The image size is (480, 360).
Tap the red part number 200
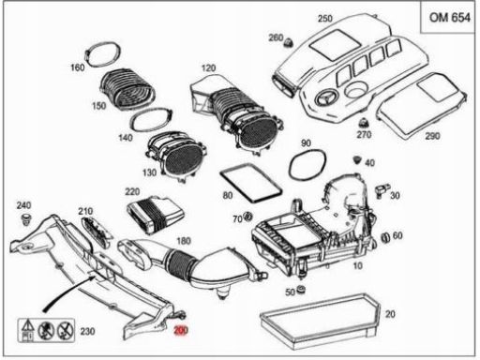point(181,330)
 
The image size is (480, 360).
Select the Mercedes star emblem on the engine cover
point(326,98)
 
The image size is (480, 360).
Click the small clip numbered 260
point(289,42)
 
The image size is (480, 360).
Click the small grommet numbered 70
point(248,216)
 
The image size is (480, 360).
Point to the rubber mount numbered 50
point(301,290)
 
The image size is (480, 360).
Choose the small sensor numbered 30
point(382,190)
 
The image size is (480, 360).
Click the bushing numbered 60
point(385,237)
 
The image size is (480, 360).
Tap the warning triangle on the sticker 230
point(27,325)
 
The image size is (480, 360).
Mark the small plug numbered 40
point(357,159)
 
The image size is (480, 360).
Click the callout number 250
point(325,19)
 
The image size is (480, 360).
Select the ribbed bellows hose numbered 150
point(127,89)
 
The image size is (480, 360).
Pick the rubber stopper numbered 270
point(363,123)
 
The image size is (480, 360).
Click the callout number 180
point(184,241)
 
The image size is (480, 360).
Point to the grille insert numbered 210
point(96,232)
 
